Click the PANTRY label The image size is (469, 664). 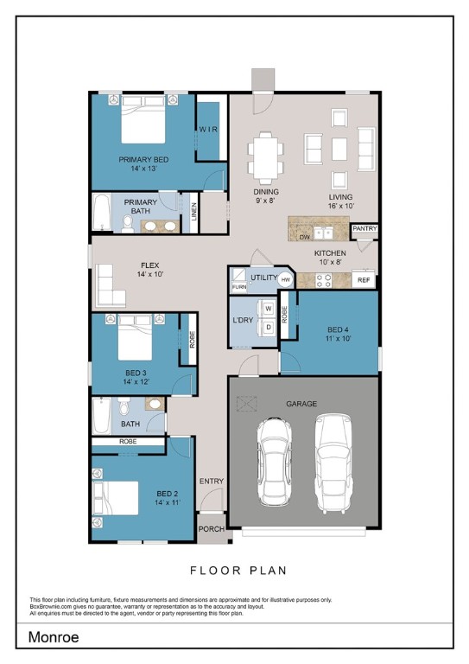pos(364,228)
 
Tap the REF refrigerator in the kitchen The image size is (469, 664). pos(364,280)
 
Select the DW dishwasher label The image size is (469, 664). pos(305,237)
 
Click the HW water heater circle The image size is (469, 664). pos(286,280)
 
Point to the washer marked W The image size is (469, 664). pos(268,310)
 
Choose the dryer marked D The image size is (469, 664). pos(268,328)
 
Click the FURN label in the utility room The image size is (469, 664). pos(239,287)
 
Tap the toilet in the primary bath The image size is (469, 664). pos(127,224)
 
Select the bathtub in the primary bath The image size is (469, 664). pos(102,212)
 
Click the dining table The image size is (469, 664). pos(265,158)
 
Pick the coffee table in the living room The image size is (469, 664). pos(339,149)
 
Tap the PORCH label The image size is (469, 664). pos(212,529)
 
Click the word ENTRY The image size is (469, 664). pos(212,481)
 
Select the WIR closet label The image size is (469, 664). pos(208,129)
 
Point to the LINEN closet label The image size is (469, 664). pos(193,212)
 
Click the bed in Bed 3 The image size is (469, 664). pos(135,337)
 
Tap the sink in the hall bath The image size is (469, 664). pos(155,404)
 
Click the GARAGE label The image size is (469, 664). pos(301,404)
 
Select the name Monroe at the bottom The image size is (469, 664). pos(54,637)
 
